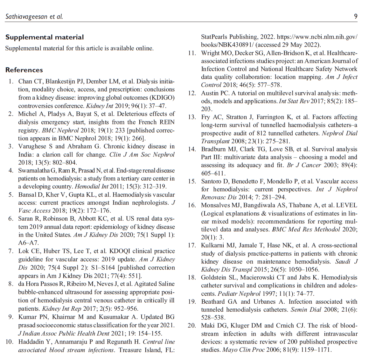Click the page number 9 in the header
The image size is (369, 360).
click(x=356, y=16)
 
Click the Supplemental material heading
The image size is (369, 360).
click(x=45, y=37)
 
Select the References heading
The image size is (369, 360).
click(x=24, y=70)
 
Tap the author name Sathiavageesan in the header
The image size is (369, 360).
click(x=26, y=16)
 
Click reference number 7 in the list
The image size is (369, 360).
click(x=11, y=251)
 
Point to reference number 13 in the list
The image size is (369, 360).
click(x=192, y=117)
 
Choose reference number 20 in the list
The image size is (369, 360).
click(x=192, y=326)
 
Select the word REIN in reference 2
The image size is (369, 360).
click(x=167, y=122)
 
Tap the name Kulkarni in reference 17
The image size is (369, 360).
click(x=213, y=245)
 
